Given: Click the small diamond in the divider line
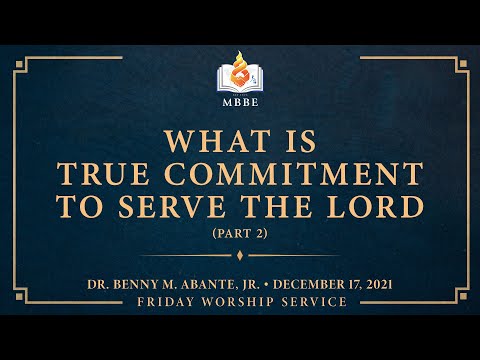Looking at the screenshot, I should (x=240, y=255).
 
